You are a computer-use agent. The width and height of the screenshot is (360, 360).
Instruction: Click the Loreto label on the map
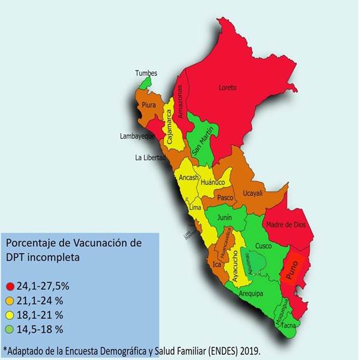pyautogui.click(x=228, y=87)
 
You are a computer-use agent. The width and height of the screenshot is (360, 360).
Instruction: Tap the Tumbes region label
pyautogui.click(x=146, y=73)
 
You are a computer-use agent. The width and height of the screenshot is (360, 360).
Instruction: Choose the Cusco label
pyautogui.click(x=263, y=246)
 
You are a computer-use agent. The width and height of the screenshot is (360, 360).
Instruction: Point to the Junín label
pyautogui.click(x=224, y=218)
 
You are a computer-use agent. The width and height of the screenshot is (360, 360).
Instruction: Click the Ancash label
pyautogui.click(x=189, y=178)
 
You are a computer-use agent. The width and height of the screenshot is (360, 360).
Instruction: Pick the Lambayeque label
pyautogui.click(x=137, y=136)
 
